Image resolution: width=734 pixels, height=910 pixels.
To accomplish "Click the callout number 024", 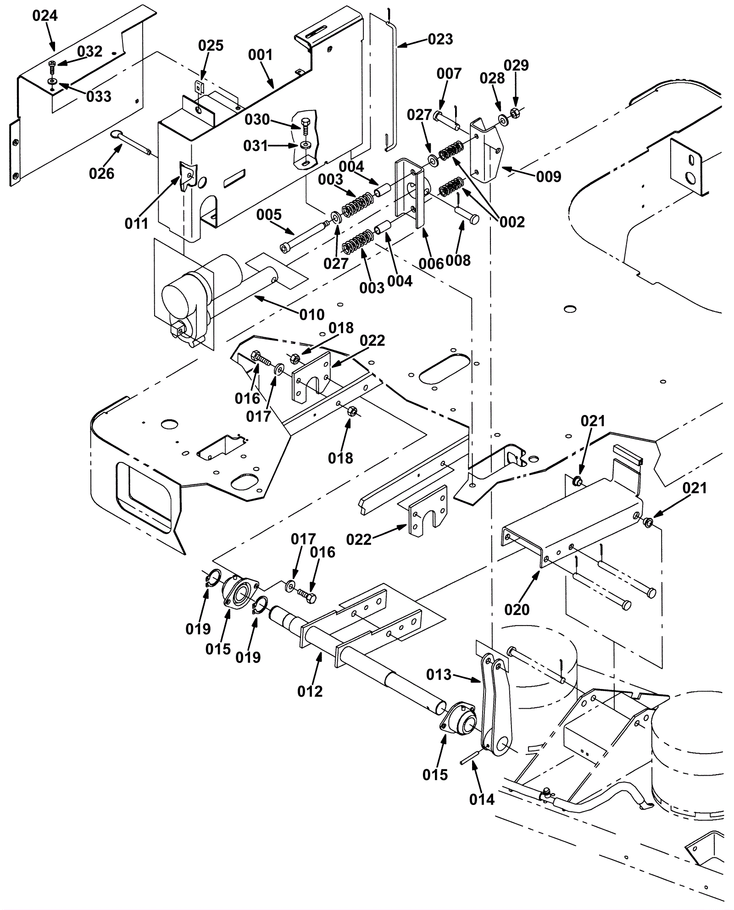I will (45, 16).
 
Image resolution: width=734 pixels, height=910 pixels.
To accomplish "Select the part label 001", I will (260, 55).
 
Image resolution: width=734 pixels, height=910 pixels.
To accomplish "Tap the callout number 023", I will (440, 39).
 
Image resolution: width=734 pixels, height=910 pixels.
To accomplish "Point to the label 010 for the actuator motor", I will (312, 315).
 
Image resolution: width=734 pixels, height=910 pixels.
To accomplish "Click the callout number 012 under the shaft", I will (310, 691).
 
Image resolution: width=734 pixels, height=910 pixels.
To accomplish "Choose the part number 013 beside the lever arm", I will (439, 675).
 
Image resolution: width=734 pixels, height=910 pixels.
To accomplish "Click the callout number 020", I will (517, 610).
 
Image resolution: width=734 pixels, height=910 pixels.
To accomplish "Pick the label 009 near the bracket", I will (549, 177).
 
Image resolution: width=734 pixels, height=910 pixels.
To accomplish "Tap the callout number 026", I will (102, 173).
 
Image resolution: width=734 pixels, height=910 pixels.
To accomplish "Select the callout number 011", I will (137, 224).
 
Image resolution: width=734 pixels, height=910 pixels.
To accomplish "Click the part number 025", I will (211, 46).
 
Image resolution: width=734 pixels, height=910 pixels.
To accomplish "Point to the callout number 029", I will (517, 66).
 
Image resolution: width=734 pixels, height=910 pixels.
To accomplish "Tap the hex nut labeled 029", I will (515, 112).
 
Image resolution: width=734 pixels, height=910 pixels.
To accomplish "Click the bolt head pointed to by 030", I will (306, 124).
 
